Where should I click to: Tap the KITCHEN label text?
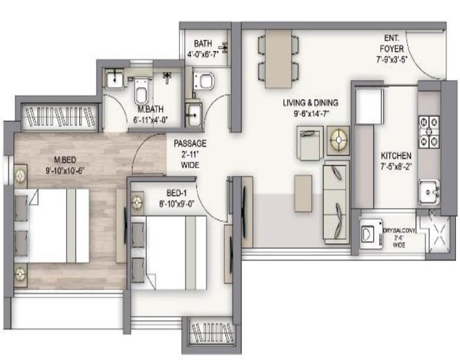pyautogui.click(x=395, y=156)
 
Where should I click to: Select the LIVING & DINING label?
pyautogui.click(x=314, y=103)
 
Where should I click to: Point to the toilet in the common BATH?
pyautogui.click(x=206, y=81)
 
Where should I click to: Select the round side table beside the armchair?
pyautogui.click(x=338, y=139)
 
